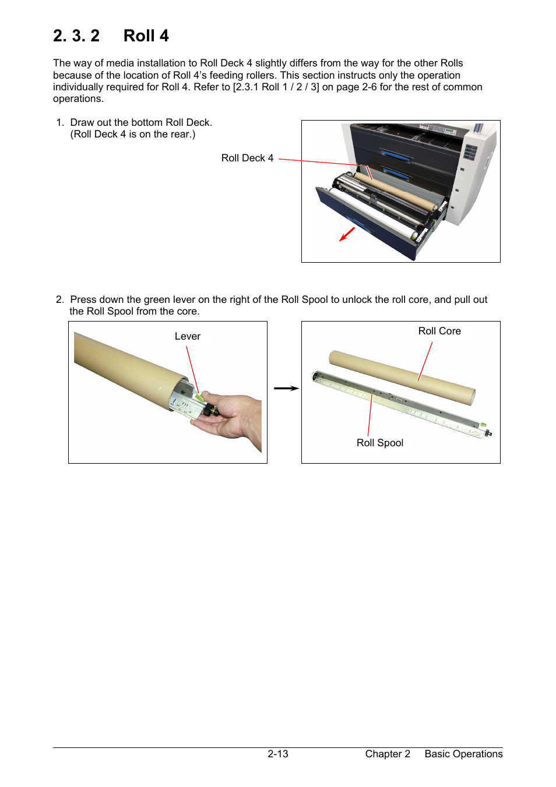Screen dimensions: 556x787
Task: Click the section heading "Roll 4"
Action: [146, 36]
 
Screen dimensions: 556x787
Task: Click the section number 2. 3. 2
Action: [76, 36]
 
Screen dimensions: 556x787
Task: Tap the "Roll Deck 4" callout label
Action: [247, 158]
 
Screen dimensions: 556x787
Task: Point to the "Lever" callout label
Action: [187, 336]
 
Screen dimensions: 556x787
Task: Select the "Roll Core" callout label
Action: [439, 331]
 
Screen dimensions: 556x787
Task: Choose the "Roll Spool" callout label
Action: [379, 443]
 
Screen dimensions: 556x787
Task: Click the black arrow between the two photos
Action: [286, 388]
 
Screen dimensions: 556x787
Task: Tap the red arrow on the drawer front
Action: [347, 234]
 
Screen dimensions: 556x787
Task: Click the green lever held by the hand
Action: [200, 397]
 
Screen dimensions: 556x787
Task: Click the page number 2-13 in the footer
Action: [277, 754]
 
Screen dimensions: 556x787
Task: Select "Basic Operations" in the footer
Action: [463, 754]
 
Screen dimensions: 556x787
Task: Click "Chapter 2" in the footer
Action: [388, 754]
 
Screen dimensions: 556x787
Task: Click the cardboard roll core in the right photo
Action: [402, 378]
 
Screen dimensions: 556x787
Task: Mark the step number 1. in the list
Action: [60, 122]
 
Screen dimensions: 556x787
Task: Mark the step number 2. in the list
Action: [60, 299]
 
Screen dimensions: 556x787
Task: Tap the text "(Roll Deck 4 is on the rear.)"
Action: [133, 134]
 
